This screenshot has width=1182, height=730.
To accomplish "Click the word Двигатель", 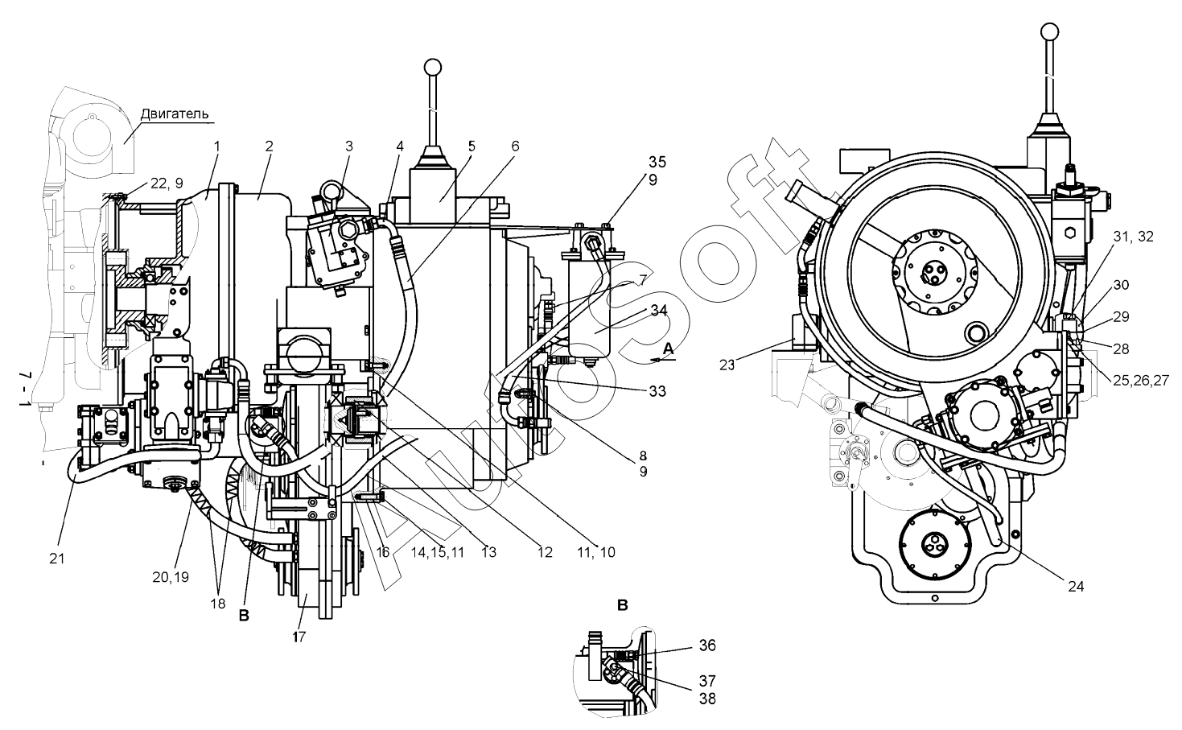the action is pyautogui.click(x=175, y=114).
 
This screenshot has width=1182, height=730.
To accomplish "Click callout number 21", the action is pyautogui.click(x=57, y=559).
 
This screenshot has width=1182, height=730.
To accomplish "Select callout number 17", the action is pyautogui.click(x=299, y=637).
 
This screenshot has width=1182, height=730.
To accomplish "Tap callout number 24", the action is pyautogui.click(x=1076, y=586).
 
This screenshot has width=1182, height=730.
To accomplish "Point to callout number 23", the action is pyautogui.click(x=727, y=365).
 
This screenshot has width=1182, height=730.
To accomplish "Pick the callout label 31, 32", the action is pyautogui.click(x=1134, y=237).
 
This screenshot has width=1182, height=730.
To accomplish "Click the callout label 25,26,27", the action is pyautogui.click(x=1141, y=380).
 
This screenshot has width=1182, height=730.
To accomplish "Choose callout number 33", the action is pyautogui.click(x=657, y=391).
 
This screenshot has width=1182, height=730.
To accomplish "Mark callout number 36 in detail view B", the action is pyautogui.click(x=707, y=645).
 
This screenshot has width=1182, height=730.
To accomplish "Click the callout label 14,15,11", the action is pyautogui.click(x=438, y=553).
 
